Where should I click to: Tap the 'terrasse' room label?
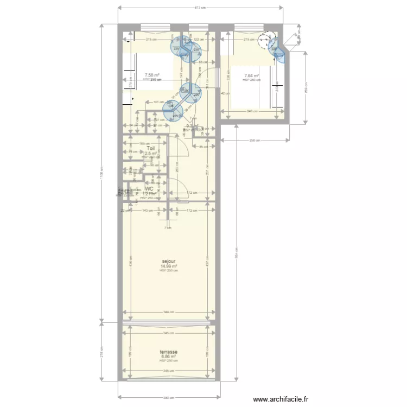(x=169, y=352)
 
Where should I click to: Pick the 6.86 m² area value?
(x=169, y=357)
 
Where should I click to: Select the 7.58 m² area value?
(x=152, y=75)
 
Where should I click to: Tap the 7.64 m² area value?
(x=251, y=75)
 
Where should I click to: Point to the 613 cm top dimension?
(x=200, y=8)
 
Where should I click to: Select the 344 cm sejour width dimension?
(x=168, y=312)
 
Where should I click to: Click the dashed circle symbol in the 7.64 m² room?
(x=266, y=39)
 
